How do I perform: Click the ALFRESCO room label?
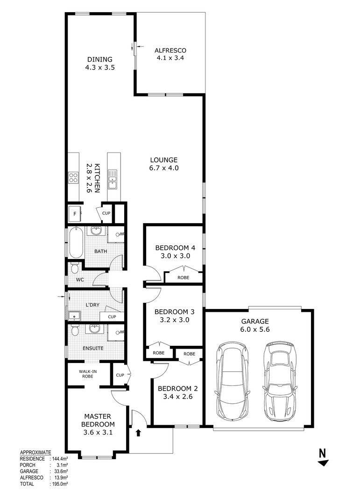(x=170, y=50)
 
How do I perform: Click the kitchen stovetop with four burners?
(x=74, y=177)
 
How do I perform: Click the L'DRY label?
(x=93, y=305)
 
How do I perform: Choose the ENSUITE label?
(x=93, y=348)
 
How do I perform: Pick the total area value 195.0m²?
(x=59, y=484)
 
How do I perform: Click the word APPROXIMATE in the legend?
(x=35, y=453)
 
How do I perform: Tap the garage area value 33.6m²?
(x=59, y=471)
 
